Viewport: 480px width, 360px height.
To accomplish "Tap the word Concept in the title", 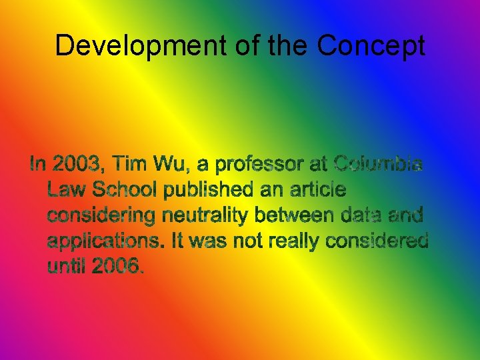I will pos(371,46).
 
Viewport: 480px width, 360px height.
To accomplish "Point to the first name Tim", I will pos(132,164).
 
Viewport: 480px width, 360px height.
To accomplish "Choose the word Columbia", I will pos(377,164).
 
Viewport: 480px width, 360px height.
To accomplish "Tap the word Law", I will pos(66,190).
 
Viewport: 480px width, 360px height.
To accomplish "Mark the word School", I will pos(125,190).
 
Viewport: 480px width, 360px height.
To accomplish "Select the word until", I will pos(67,267).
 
